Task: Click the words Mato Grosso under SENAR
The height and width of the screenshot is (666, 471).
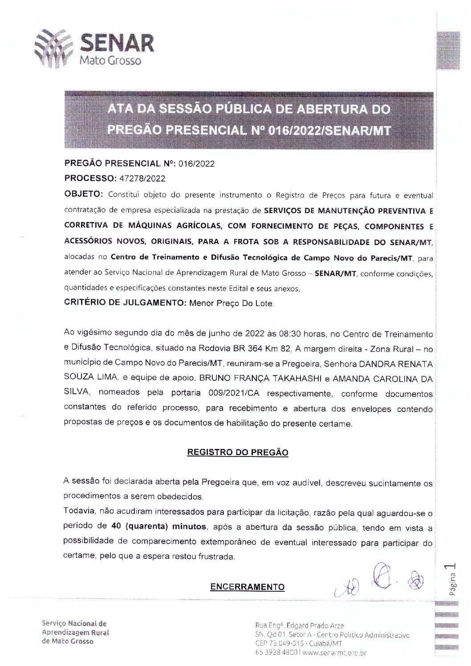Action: [x=110, y=60]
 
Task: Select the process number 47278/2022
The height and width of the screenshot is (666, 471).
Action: [x=140, y=179]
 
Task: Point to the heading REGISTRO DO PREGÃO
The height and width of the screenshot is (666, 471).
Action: [x=238, y=453]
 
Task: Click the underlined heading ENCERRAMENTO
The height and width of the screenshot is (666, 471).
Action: [x=247, y=587]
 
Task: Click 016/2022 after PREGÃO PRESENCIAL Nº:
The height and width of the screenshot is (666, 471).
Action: [x=196, y=164]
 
